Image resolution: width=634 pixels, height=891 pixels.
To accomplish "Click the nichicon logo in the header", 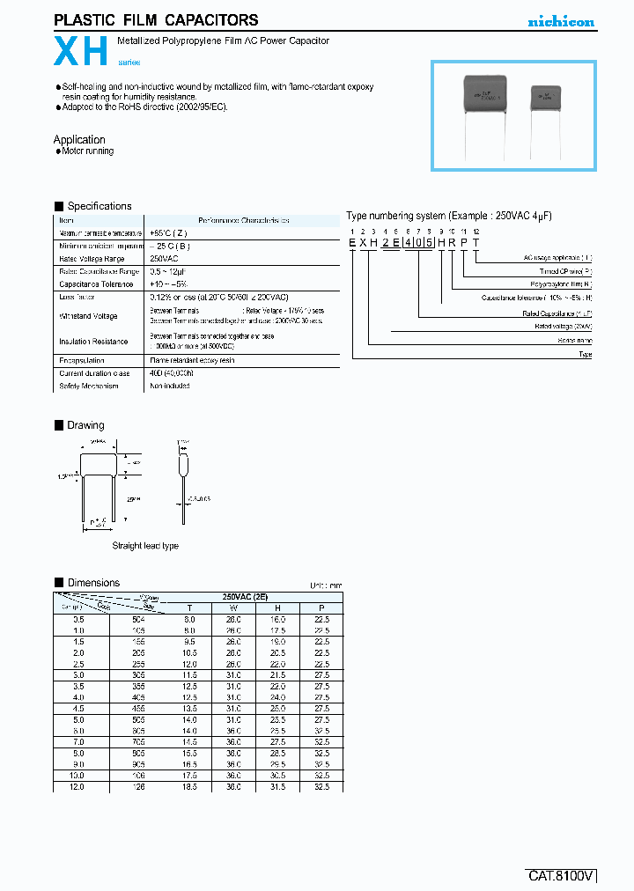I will point(561,22).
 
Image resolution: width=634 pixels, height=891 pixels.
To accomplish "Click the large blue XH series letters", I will point(81,52).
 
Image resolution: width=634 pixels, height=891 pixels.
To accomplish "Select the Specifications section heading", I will point(100,206).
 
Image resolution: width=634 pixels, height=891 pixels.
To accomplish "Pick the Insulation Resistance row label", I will point(93,342).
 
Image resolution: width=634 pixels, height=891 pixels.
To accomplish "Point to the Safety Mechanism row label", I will point(89,386).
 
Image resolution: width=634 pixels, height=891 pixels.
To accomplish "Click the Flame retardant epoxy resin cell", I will point(192,361).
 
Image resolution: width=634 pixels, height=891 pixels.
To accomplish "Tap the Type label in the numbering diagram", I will point(586,354).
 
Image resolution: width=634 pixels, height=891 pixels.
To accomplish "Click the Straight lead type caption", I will point(145,546).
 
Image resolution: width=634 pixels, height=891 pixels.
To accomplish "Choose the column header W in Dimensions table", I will point(233,607).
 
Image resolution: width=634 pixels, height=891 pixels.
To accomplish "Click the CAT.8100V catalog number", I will point(562,876).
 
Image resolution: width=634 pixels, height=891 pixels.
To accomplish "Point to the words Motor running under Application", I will point(87,151).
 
